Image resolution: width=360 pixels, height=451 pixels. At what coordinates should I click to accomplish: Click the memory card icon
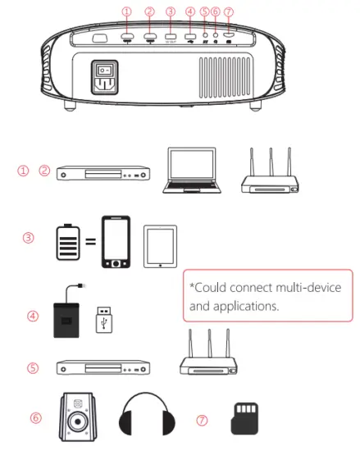pos(244,417)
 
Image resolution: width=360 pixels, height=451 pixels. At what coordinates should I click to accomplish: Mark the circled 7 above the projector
pos(228,11)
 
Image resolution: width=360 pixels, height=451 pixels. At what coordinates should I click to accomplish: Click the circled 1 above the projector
pos(126,11)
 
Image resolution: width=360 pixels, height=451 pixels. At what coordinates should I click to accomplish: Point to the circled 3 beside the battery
pos(28,238)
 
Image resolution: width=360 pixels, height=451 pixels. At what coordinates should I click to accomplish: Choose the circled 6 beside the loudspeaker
pos(34,417)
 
